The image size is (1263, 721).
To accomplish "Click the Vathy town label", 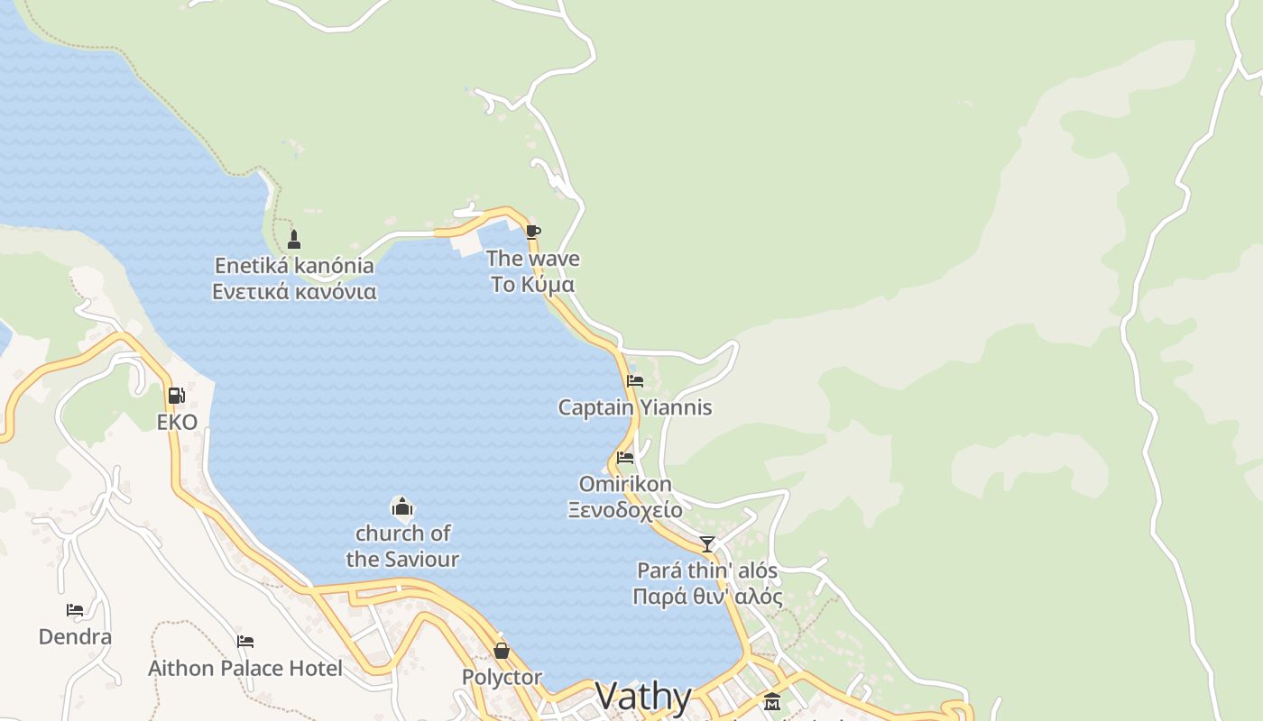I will point(643,696).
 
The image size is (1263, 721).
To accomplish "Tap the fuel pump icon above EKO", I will point(176,396).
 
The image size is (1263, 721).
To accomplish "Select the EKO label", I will point(177,422).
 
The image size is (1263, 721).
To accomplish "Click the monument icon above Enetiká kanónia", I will point(293,240).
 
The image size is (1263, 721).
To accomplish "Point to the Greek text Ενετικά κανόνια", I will point(294,292).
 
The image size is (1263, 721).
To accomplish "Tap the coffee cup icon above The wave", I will point(532,232).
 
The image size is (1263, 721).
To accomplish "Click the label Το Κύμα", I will point(533,285).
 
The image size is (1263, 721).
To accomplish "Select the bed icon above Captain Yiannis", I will point(635,381).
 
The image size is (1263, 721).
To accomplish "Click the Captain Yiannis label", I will point(635,407).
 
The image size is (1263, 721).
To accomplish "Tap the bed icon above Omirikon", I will point(625,458).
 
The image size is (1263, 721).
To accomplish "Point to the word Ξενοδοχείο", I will point(625,509).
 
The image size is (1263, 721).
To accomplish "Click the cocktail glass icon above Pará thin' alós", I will point(707,544).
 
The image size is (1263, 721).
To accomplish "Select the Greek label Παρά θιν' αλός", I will point(707,597).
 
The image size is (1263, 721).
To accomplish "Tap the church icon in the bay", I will point(402,507).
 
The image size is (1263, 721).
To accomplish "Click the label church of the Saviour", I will point(402,546).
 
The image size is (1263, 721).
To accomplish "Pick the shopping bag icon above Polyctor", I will point(502,651).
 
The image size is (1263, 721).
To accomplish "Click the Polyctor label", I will point(502,677).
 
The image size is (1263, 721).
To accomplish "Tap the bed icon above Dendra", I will point(75,611).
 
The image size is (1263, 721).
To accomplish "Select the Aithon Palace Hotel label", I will point(245,668).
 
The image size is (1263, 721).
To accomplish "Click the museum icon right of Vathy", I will point(772,701).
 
